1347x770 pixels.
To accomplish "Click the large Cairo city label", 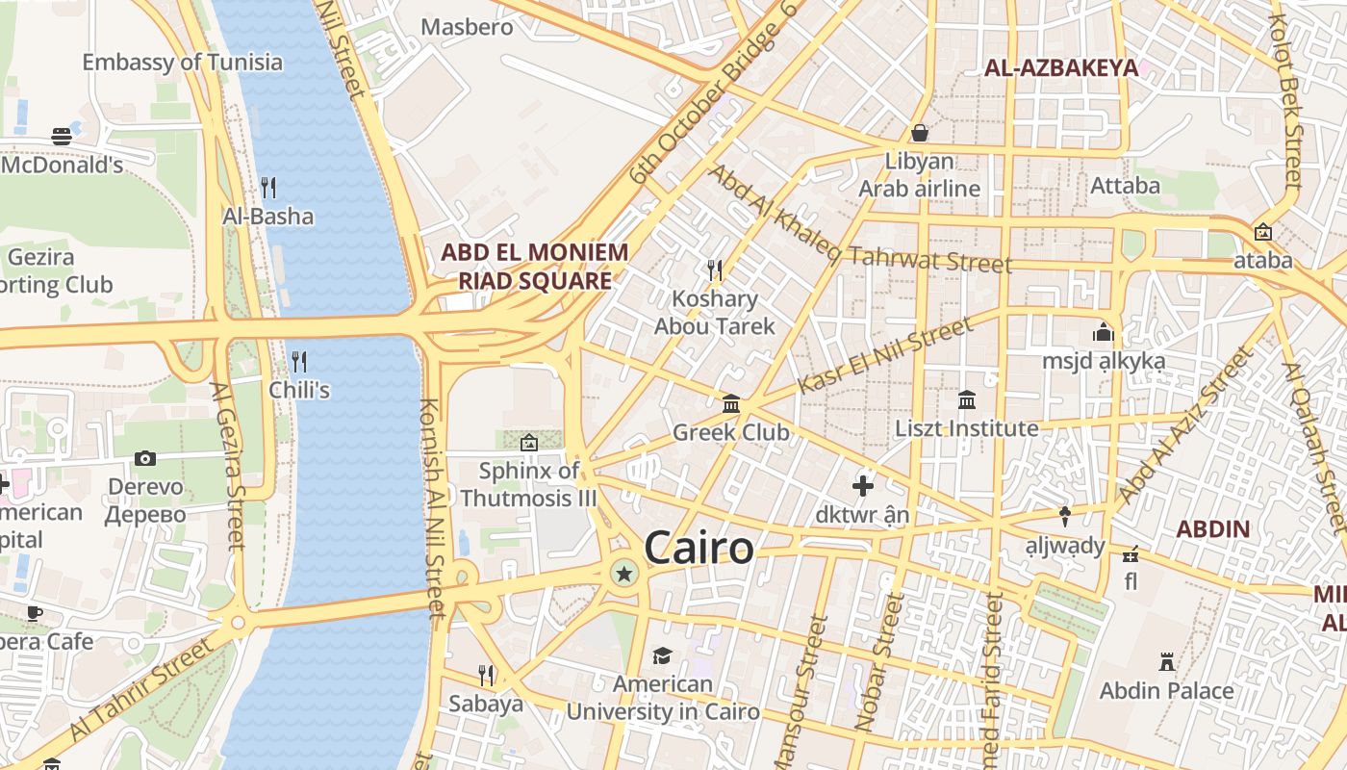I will tap(699, 548).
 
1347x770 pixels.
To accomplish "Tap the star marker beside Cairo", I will tap(624, 575).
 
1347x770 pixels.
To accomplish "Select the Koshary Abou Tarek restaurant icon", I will tap(715, 269).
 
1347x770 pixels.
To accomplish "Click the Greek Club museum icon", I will tap(731, 403).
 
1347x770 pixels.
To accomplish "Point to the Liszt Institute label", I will tap(967, 428).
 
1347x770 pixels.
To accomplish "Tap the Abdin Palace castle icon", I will tap(1167, 662).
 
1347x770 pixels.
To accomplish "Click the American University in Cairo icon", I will tap(662, 655).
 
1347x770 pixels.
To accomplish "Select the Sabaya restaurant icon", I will tap(487, 675).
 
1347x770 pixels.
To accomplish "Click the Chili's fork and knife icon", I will tap(299, 362).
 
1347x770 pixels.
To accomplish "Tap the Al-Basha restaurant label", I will tap(267, 217).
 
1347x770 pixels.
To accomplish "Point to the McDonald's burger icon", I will tap(62, 136).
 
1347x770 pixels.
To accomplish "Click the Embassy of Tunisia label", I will tap(183, 63).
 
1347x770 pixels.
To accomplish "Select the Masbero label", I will tap(468, 26).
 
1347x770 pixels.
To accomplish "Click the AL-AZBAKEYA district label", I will tap(1061, 67).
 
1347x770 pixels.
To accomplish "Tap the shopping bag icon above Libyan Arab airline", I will tap(920, 132).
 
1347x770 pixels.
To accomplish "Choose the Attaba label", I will tap(1125, 185).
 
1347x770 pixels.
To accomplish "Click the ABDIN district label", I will tap(1213, 528).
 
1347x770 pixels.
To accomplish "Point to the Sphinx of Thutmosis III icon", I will tap(528, 443).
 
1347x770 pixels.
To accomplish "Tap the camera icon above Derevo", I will tap(145, 458).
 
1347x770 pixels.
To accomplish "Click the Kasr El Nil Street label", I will tap(886, 356).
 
